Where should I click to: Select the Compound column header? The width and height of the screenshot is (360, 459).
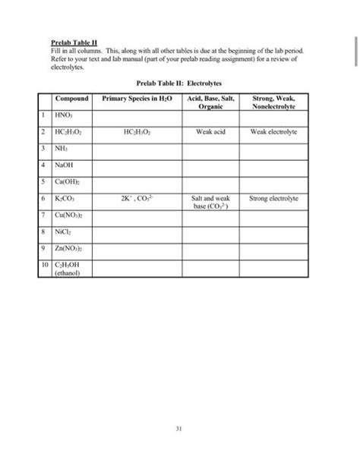click(72, 99)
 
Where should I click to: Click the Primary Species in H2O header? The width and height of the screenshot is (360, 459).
click(137, 99)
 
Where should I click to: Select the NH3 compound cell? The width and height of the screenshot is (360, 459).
click(62, 147)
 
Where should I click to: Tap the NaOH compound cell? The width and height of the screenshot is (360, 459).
click(65, 164)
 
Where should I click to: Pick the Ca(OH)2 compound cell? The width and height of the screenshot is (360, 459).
click(68, 181)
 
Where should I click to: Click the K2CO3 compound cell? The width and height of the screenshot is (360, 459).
click(65, 197)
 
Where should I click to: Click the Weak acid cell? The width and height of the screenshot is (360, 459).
click(210, 130)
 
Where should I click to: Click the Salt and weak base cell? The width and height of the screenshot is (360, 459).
click(210, 201)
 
